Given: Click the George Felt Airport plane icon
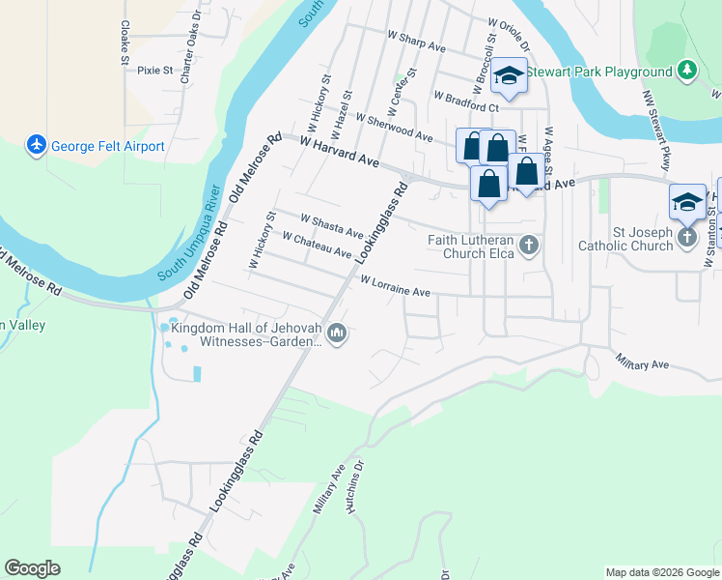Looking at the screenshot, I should (x=37, y=146).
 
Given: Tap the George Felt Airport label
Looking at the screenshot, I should (x=108, y=147).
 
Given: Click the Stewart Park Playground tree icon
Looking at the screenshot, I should (x=686, y=71).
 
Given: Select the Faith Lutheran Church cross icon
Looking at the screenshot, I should (x=528, y=246).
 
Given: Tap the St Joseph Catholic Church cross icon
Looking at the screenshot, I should (x=686, y=237).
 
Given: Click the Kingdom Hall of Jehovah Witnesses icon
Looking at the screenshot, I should (x=336, y=334).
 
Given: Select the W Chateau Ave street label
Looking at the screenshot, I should (x=317, y=244).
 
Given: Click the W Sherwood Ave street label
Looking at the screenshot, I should (x=393, y=127).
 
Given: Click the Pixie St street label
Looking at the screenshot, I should (x=154, y=70).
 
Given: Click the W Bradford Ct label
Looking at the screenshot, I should (x=466, y=101).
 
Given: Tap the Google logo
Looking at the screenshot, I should (x=32, y=567).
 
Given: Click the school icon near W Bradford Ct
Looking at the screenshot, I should (x=508, y=75).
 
